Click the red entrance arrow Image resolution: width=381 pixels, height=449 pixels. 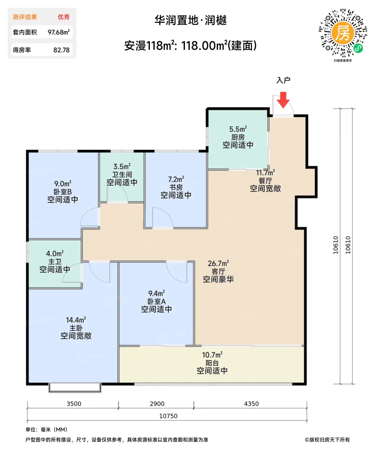[283, 100]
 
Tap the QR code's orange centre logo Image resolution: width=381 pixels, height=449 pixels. [342, 33]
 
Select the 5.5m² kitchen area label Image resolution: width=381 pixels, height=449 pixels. [238, 129]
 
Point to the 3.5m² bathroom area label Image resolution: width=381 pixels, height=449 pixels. [122, 166]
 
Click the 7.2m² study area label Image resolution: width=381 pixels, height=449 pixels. [176, 179]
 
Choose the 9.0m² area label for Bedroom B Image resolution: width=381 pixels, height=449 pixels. [63, 183]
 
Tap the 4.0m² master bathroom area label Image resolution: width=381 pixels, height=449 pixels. [55, 253]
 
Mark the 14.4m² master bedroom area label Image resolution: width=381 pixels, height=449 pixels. [76, 320]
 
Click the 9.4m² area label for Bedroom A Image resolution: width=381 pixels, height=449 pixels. [156, 293]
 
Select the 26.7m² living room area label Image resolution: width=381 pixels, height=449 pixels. [218, 263]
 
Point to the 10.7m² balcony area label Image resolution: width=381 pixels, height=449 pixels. [212, 355]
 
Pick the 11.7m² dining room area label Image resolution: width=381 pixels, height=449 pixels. [265, 173]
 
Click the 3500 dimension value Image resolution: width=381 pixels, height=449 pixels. [74, 404]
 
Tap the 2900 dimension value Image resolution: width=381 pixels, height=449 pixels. [157, 404]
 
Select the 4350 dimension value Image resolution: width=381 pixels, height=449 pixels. [251, 404]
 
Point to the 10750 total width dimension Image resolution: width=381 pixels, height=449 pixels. [168, 416]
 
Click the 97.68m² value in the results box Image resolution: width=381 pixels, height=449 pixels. [59, 32]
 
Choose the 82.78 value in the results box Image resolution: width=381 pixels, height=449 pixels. [62, 50]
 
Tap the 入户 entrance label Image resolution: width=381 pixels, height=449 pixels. [283, 80]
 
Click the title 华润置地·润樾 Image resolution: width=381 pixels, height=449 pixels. [191, 20]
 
